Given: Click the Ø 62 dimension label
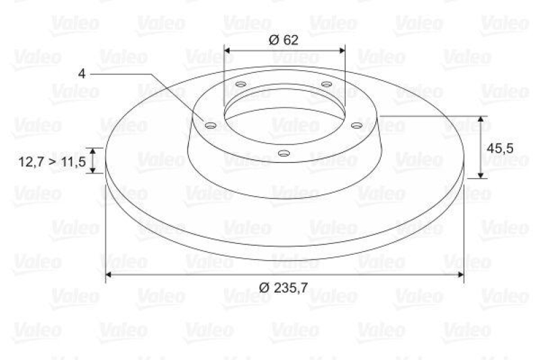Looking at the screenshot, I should coord(283,39).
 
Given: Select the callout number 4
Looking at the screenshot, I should coord(82,72).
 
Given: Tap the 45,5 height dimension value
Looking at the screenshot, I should coord(500,147).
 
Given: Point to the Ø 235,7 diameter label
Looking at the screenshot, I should coord(283,287).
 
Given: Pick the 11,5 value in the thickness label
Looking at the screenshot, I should coord(73,161).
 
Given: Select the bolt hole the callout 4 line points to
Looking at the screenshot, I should coord(209,126).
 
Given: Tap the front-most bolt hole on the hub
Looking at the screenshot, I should coord(284,153).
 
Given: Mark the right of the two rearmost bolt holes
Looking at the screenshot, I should coord(326,84).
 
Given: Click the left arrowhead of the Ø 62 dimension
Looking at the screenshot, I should coord(227,49).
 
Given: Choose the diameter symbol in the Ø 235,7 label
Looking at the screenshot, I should coord(264,287).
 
